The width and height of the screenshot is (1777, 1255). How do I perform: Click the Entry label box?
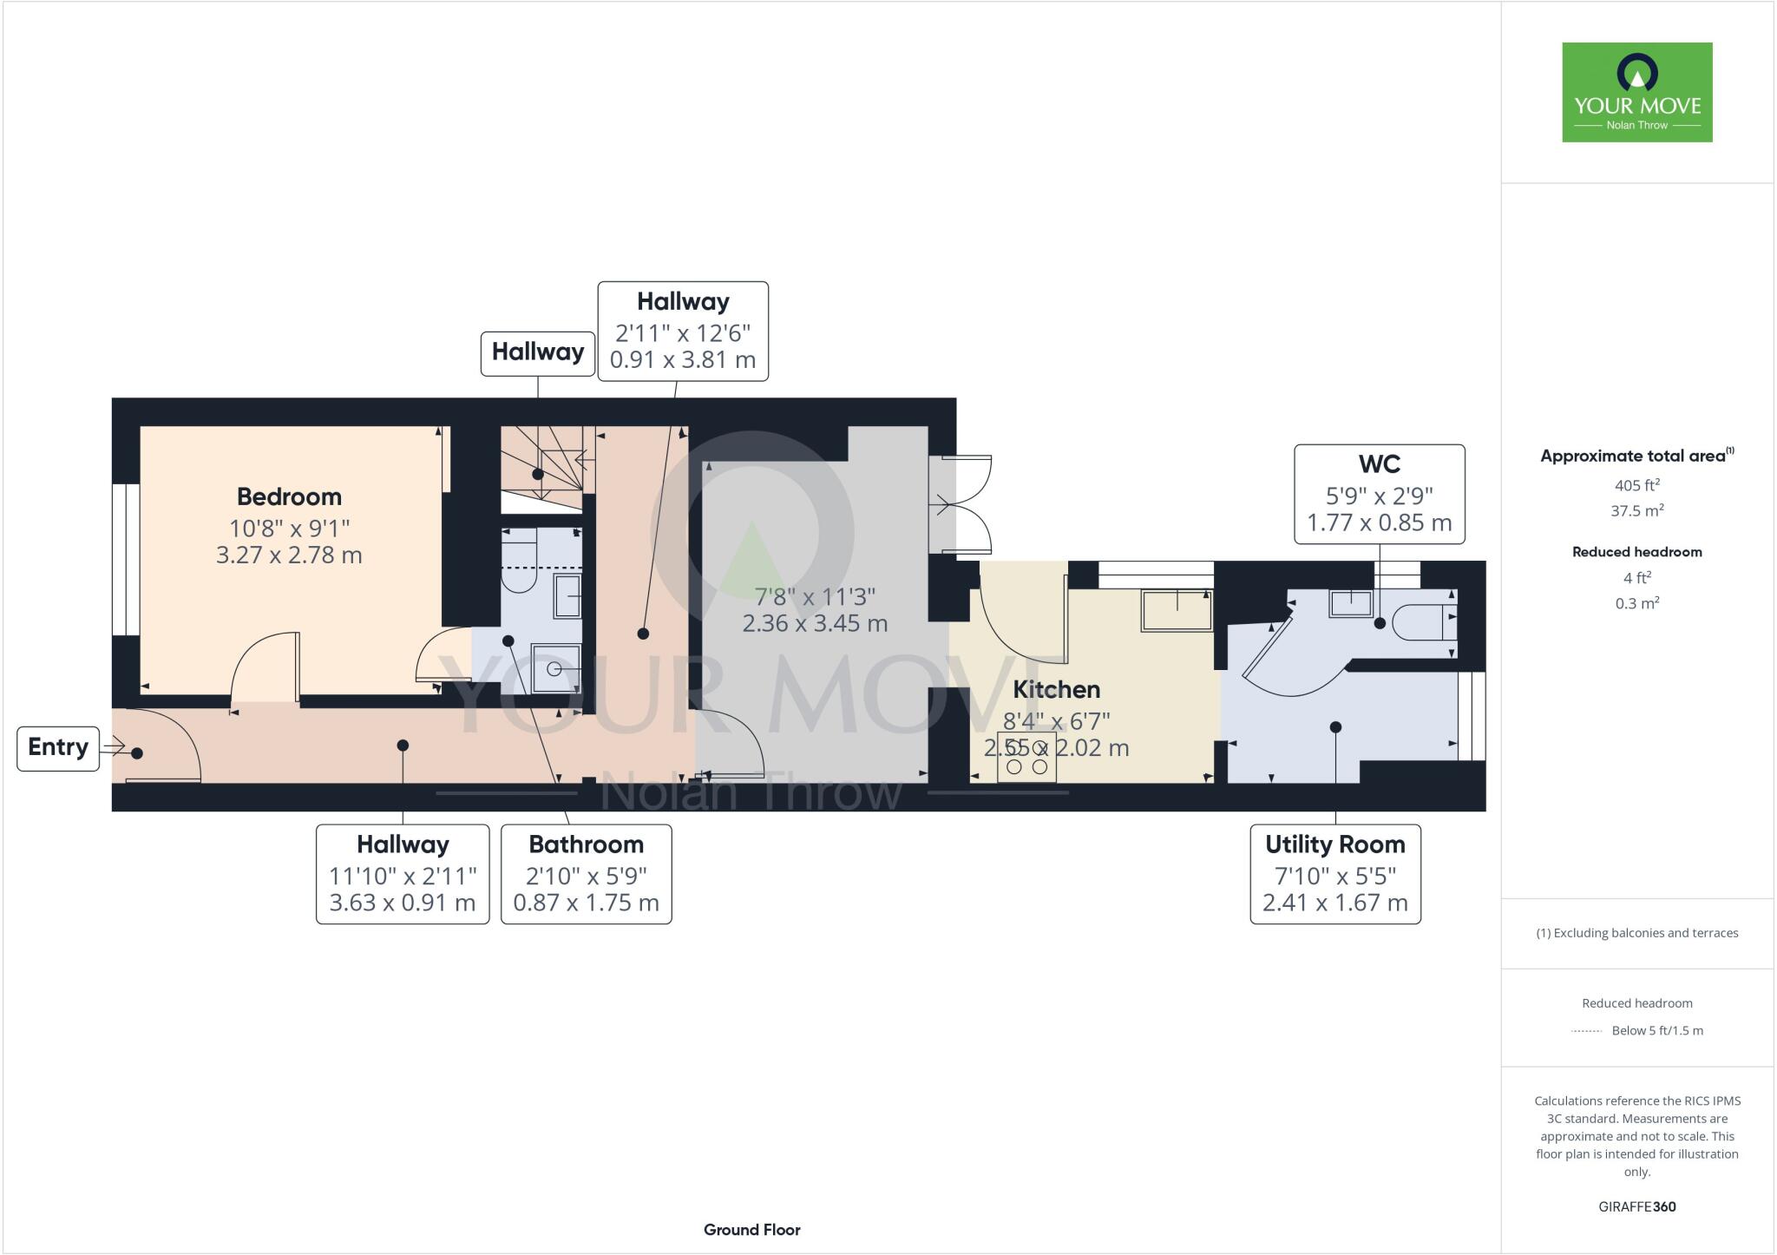pyautogui.click(x=58, y=747)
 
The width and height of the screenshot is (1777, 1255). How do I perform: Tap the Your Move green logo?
pyautogui.click(x=1636, y=92)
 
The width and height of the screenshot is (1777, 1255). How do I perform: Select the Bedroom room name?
pyautogui.click(x=289, y=496)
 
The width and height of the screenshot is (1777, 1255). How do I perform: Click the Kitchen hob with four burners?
pyautogui.click(x=1026, y=757)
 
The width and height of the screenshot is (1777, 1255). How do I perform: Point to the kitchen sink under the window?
pyautogui.click(x=1177, y=610)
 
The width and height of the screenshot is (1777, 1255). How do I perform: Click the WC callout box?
pyautogui.click(x=1379, y=494)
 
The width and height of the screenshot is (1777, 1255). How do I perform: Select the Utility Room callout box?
pyautogui.click(x=1334, y=873)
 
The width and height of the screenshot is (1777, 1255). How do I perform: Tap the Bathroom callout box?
pyautogui.click(x=586, y=873)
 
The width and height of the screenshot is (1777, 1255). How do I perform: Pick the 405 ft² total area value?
pyautogui.click(x=1636, y=485)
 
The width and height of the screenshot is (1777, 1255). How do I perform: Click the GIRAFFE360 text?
pyautogui.click(x=1636, y=1206)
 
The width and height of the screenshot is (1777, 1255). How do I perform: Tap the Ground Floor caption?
pyautogui.click(x=751, y=1229)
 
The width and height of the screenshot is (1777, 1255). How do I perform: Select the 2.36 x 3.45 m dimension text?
pyautogui.click(x=815, y=623)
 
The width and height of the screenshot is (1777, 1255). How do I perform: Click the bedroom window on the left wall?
pyautogui.click(x=127, y=559)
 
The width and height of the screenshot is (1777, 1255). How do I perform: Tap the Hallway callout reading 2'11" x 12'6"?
pyautogui.click(x=683, y=331)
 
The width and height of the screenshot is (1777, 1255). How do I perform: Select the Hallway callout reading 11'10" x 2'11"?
pyautogui.click(x=403, y=873)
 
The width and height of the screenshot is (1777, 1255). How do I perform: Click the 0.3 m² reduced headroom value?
pyautogui.click(x=1636, y=603)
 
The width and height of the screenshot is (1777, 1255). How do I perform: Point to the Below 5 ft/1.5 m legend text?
pyautogui.click(x=1656, y=1030)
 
